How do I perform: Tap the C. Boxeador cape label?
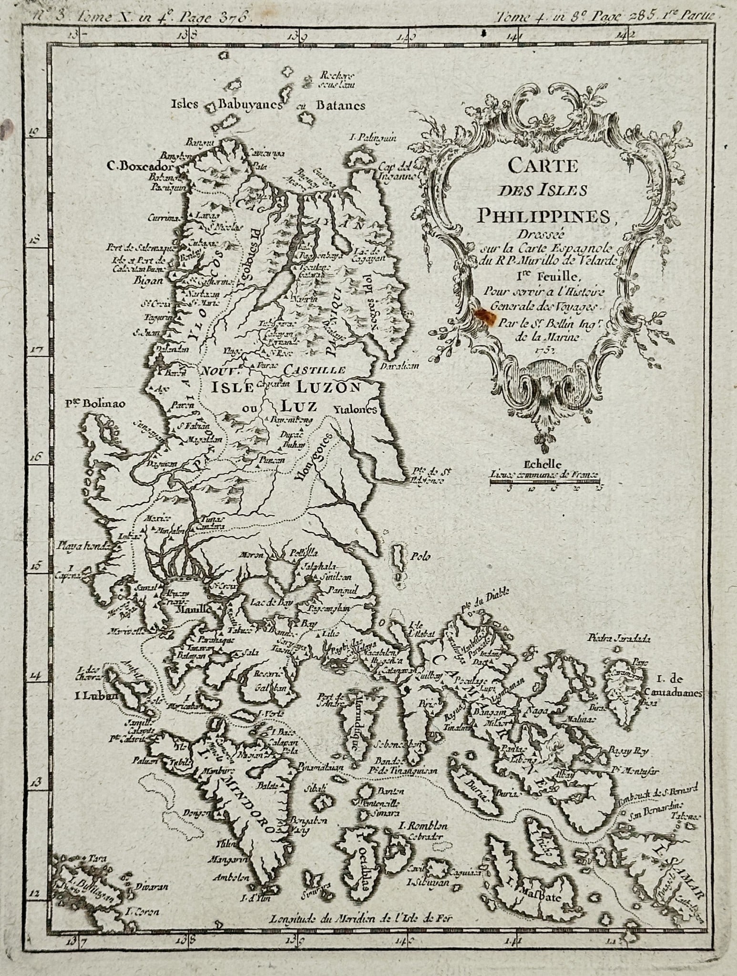(x=139, y=167)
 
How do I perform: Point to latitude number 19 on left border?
(x=34, y=133)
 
